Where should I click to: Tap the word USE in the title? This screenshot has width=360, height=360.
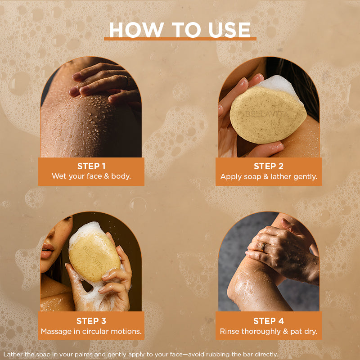[229, 30]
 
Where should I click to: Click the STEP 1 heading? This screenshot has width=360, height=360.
[91, 166]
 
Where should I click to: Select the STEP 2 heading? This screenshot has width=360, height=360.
[269, 166]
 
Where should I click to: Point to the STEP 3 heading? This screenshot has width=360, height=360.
[91, 321]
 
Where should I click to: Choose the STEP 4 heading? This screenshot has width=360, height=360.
[269, 321]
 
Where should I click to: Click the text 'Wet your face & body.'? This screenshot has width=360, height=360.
[91, 176]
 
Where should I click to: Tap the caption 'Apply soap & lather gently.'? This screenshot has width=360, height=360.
[269, 176]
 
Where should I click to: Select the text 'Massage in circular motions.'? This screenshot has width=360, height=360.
[91, 331]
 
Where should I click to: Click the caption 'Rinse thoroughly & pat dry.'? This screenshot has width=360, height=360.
[269, 332]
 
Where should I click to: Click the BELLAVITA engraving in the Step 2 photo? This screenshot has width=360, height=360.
[267, 114]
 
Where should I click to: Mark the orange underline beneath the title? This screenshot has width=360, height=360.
[180, 39]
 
